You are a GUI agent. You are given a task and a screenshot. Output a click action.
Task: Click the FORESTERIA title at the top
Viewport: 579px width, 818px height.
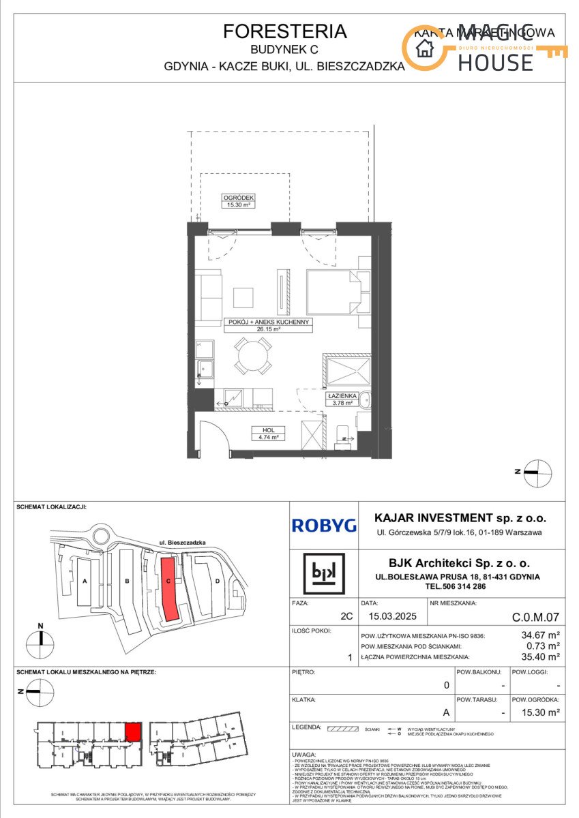point(284,31)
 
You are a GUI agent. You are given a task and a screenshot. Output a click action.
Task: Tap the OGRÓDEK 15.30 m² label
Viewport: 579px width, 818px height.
point(238,200)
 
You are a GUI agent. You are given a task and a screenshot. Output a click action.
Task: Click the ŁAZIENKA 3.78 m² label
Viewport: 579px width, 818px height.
point(338,399)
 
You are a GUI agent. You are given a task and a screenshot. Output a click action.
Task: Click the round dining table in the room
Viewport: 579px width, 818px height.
point(252,354)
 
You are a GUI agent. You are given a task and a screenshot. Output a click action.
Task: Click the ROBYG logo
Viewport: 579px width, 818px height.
point(324,525)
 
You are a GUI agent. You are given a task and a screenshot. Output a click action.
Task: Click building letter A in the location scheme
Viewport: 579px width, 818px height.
point(85,581)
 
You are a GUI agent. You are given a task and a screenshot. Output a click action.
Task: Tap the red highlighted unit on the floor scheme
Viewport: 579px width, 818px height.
point(133,732)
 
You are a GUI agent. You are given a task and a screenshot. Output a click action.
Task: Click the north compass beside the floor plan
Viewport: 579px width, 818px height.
point(537,472)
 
